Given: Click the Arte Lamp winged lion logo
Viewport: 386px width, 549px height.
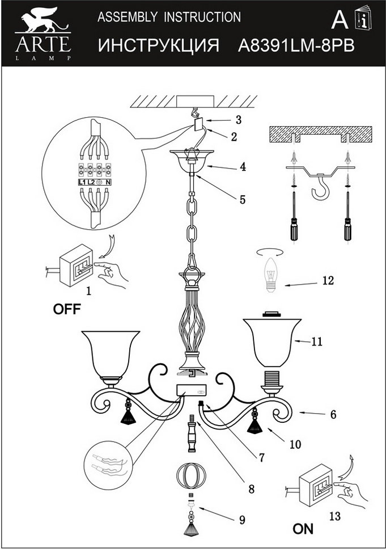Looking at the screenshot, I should (x=43, y=22).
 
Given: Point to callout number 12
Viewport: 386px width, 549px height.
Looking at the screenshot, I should (x=327, y=281).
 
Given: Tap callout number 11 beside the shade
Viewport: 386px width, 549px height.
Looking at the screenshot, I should (x=316, y=342).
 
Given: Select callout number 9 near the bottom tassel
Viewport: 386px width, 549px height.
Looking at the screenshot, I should (x=242, y=520).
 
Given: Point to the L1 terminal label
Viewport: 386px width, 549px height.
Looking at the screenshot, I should (x=80, y=183).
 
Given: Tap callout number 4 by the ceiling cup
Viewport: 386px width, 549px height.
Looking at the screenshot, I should (x=242, y=167).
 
